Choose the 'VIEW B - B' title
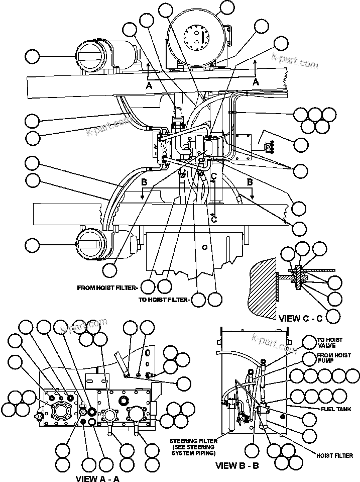click(x=237, y=466)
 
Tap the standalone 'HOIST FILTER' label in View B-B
click(x=335, y=455)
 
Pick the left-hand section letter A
click(x=149, y=86)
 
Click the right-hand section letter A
click(x=256, y=81)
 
